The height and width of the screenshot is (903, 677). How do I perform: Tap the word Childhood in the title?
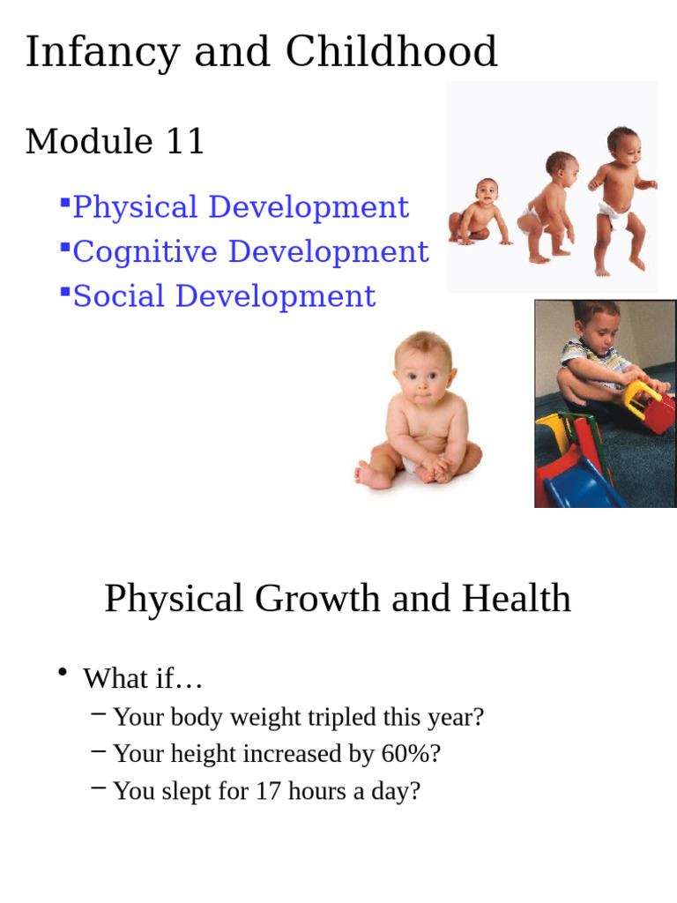coord(391,51)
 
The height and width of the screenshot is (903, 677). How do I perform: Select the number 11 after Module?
coord(184,141)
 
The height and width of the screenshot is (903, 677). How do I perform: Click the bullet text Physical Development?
coord(240,207)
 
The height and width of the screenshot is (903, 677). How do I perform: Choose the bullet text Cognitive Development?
coord(250,251)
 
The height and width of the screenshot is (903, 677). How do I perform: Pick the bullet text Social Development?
coord(224,296)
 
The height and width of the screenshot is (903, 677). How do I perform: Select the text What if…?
coord(143,679)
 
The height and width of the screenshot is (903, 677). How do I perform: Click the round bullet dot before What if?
coord(63,674)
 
